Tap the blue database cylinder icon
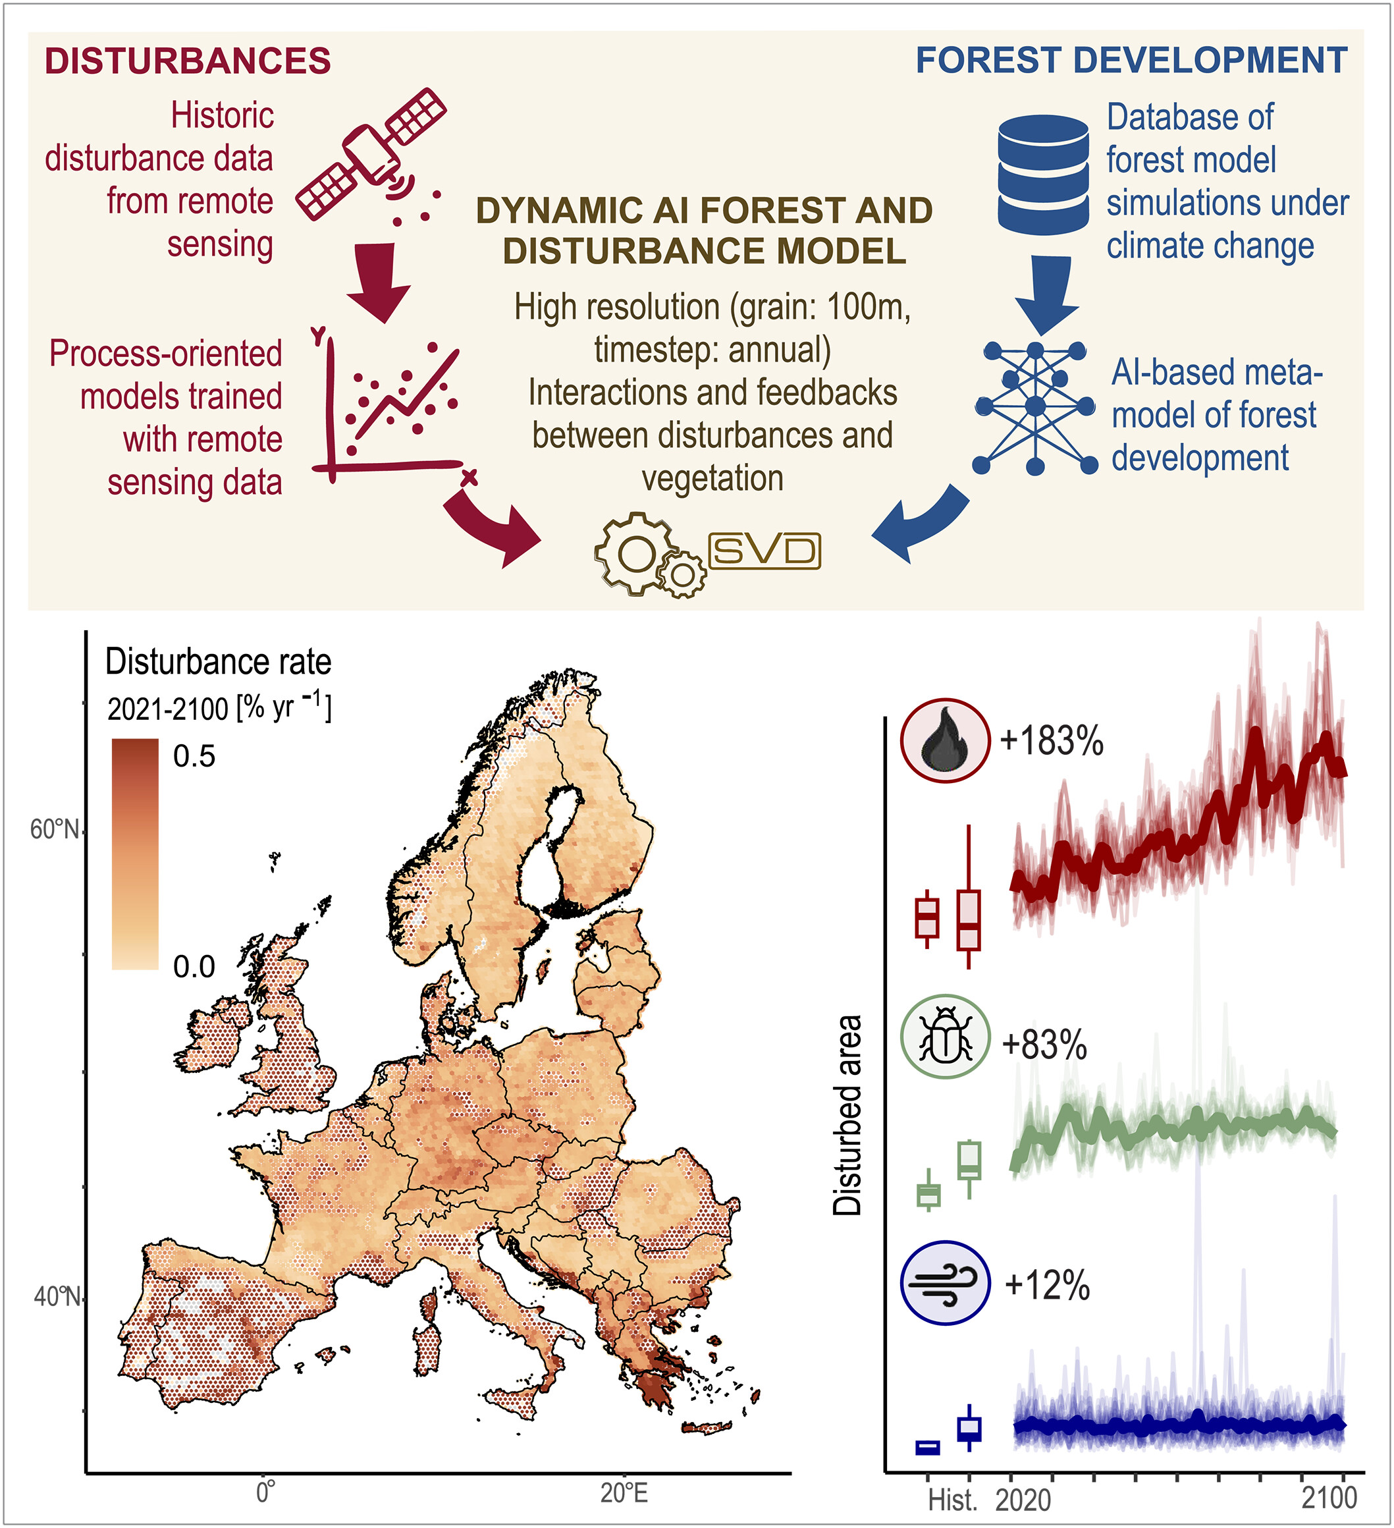click(1043, 175)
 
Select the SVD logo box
click(764, 551)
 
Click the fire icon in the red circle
click(945, 740)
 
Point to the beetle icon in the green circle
click(945, 1036)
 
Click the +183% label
click(1052, 740)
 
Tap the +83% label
click(1044, 1045)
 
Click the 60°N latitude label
click(54, 829)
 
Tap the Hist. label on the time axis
click(952, 1500)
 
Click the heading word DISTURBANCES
click(187, 61)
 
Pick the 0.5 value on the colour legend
click(194, 755)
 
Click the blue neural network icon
click(1035, 407)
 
